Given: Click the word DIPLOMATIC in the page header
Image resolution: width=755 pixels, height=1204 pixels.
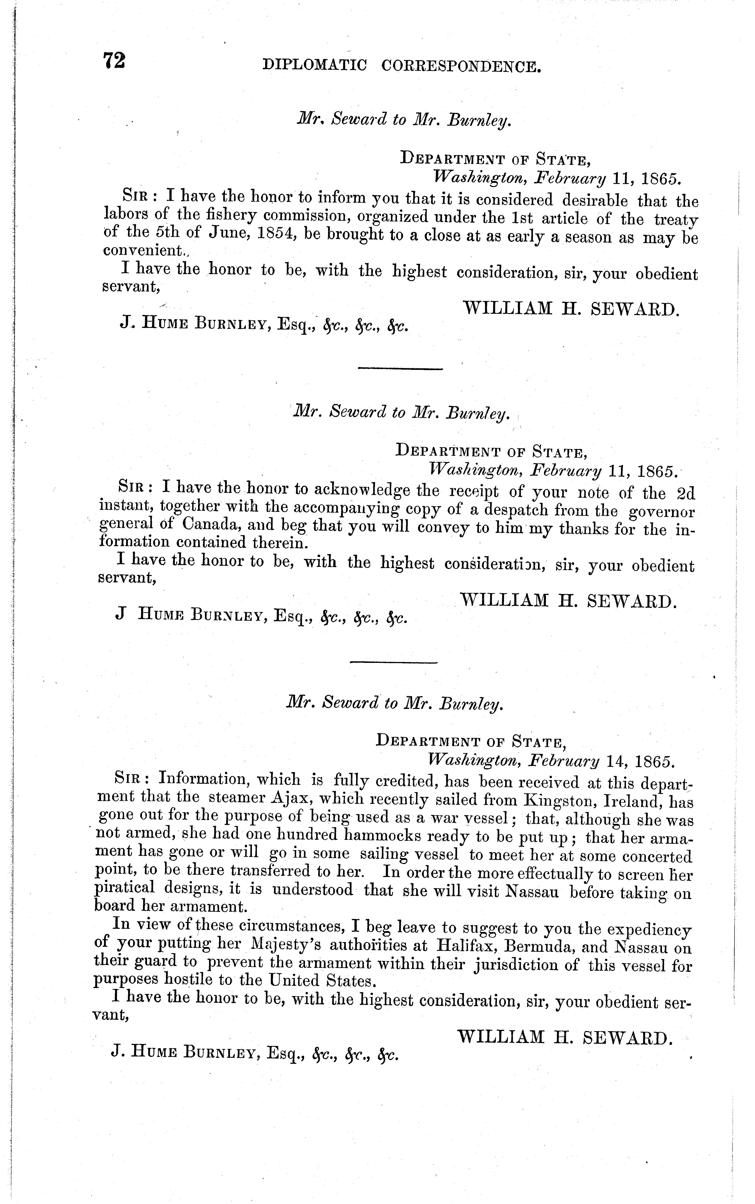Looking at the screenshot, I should coord(315,65).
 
